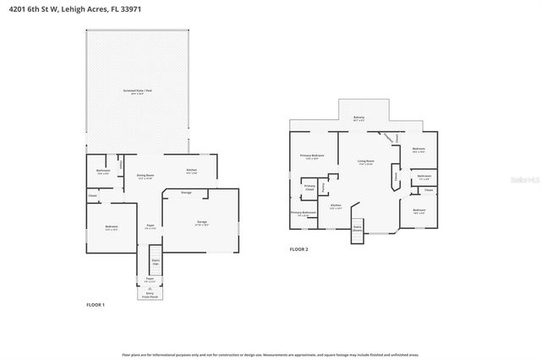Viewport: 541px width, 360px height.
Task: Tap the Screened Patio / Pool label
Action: pyautogui.click(x=136, y=90)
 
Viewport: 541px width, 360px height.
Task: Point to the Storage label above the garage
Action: pyautogui.click(x=187, y=192)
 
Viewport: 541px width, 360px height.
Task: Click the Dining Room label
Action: pyautogui.click(x=145, y=177)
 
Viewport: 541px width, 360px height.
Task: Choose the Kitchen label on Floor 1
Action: pyautogui.click(x=191, y=172)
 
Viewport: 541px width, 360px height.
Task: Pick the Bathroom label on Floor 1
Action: pyautogui.click(x=103, y=172)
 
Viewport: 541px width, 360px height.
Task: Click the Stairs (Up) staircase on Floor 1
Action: pyautogui.click(x=154, y=259)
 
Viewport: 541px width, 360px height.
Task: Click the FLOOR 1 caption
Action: pyautogui.click(x=96, y=304)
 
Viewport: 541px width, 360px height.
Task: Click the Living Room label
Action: pyautogui.click(x=365, y=162)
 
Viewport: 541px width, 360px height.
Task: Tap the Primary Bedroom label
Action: pyautogui.click(x=312, y=157)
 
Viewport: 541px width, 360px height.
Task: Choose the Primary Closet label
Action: pyautogui.click(x=309, y=188)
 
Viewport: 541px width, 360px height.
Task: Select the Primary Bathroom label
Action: pyautogui.click(x=303, y=213)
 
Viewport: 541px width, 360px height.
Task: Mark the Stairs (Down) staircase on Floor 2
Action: pyautogui.click(x=357, y=229)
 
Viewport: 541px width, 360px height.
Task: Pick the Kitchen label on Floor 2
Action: pyautogui.click(x=336, y=206)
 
